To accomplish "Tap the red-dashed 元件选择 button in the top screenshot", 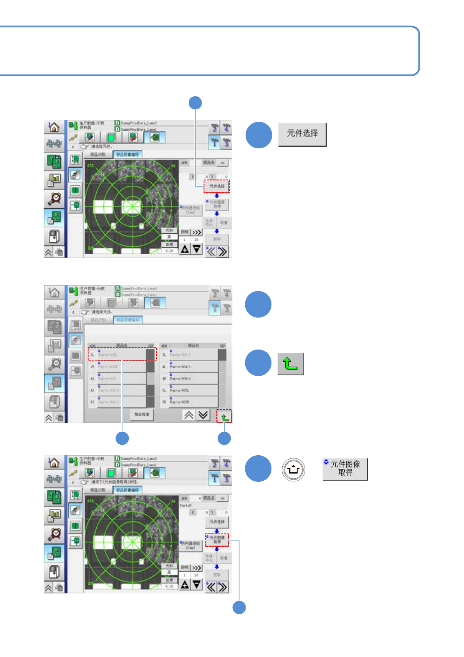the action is [217, 186].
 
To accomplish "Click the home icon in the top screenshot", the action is [54, 127].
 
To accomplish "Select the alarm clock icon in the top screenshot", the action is [55, 199].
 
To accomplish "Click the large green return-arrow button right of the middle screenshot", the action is [290, 364].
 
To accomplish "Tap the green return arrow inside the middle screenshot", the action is [225, 416].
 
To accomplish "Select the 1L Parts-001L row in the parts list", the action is [122, 354].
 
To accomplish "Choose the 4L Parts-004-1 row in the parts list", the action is [189, 367].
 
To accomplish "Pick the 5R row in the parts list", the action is [189, 402].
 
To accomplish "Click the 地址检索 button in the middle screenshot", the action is [142, 414].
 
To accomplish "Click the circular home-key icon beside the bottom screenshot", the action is [293, 469].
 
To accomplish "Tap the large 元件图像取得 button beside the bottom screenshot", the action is [345, 469].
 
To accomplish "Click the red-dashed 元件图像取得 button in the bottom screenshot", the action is [217, 540].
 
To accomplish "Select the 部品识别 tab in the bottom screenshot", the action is [97, 490].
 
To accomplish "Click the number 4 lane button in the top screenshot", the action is [226, 128].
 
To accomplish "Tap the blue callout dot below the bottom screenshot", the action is [239, 607].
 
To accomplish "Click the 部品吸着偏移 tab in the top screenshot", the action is [128, 154].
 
